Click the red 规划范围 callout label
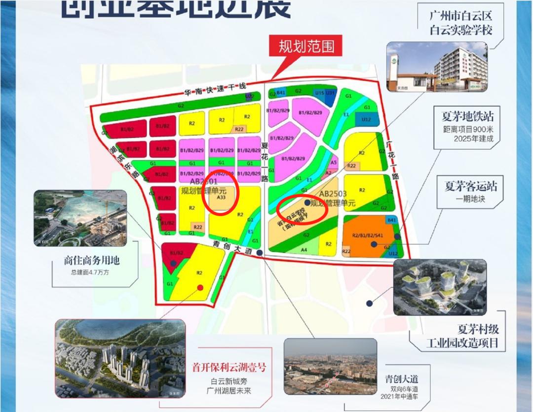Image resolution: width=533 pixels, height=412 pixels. tap(306, 47)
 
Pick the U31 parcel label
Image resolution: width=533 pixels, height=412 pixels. tap(331, 92)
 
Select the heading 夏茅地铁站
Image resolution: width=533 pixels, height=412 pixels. tap(467, 117)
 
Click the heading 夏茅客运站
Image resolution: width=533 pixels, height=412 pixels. tap(470, 186)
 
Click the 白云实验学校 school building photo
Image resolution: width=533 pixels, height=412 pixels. tap(436, 67)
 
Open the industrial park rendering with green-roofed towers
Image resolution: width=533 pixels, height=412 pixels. tap(440, 287)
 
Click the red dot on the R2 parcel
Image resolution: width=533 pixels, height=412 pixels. tap(199, 288)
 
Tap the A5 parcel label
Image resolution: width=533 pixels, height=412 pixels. tap(334, 162)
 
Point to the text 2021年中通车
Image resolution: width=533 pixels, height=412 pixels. tap(399, 397)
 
